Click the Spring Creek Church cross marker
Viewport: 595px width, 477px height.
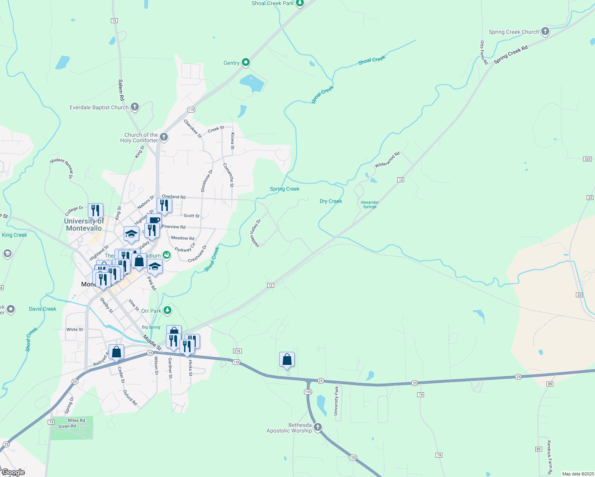545,31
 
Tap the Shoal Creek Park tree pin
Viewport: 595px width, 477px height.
300,3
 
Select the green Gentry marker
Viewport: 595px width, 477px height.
246,62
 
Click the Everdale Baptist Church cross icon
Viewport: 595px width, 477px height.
135,107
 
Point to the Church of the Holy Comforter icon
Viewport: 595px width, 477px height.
164,137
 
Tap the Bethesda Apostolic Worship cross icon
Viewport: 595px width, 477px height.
317,427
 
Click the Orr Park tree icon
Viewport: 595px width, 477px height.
167,310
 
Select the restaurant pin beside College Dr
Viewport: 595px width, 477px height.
95,210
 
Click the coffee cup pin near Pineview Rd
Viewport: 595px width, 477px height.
154,221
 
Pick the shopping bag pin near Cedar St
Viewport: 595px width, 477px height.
116,352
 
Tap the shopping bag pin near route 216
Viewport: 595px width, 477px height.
287,359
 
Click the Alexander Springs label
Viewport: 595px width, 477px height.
369,204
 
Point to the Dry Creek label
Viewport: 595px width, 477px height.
331,201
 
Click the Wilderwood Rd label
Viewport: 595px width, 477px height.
387,159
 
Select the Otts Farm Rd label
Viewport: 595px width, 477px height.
483,52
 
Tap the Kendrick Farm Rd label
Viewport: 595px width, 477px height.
549,457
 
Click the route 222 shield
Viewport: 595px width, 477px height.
587,159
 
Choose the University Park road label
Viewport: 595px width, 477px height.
336,401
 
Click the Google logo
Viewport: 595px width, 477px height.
14,472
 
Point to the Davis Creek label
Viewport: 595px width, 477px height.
43,309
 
